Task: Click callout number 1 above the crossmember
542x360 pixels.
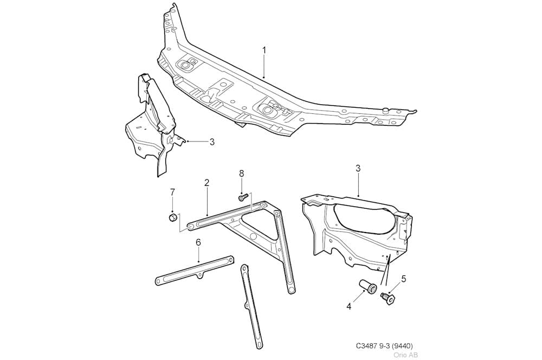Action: pyautogui.click(x=264, y=50)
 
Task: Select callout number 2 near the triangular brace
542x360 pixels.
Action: pyautogui.click(x=207, y=183)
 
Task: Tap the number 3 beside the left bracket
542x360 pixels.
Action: pyautogui.click(x=212, y=142)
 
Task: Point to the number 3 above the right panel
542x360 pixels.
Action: pyautogui.click(x=358, y=169)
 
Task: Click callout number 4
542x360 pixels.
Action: pyautogui.click(x=349, y=306)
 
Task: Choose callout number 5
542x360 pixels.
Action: pyautogui.click(x=404, y=279)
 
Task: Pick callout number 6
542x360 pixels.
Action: pyautogui.click(x=198, y=242)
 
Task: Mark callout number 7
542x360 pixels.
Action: pyautogui.click(x=172, y=192)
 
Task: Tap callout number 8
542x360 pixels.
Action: pyautogui.click(x=241, y=173)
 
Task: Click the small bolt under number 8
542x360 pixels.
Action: pyautogui.click(x=243, y=197)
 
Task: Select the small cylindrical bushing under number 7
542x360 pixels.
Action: pyautogui.click(x=172, y=217)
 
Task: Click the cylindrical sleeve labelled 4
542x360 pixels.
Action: pyautogui.click(x=368, y=285)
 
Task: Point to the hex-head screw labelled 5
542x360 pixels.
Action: pyautogui.click(x=388, y=298)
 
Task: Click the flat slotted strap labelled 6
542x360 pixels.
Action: pyautogui.click(x=194, y=271)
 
